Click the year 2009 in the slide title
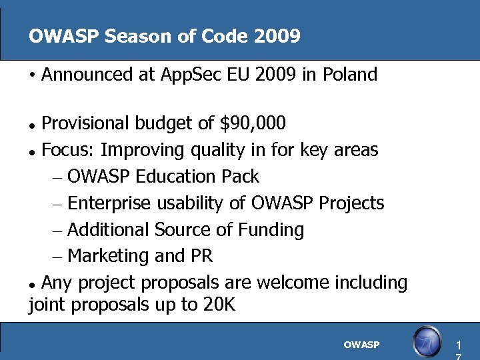[277, 36]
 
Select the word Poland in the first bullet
[350, 75]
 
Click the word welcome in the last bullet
[292, 283]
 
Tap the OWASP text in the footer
[361, 345]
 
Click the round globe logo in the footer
[427, 341]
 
